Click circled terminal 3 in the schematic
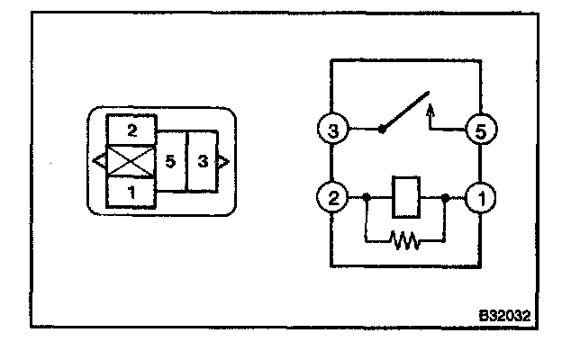pos(333,131)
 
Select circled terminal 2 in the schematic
pos(333,195)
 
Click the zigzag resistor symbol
pos(406,240)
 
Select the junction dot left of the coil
pos(366,195)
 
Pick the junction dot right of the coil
pos(446,195)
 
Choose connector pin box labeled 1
pos(131,192)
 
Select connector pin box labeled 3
pos(204,161)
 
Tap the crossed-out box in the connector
pos(131,161)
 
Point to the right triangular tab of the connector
pos(223,161)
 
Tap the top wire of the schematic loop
pos(405,60)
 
